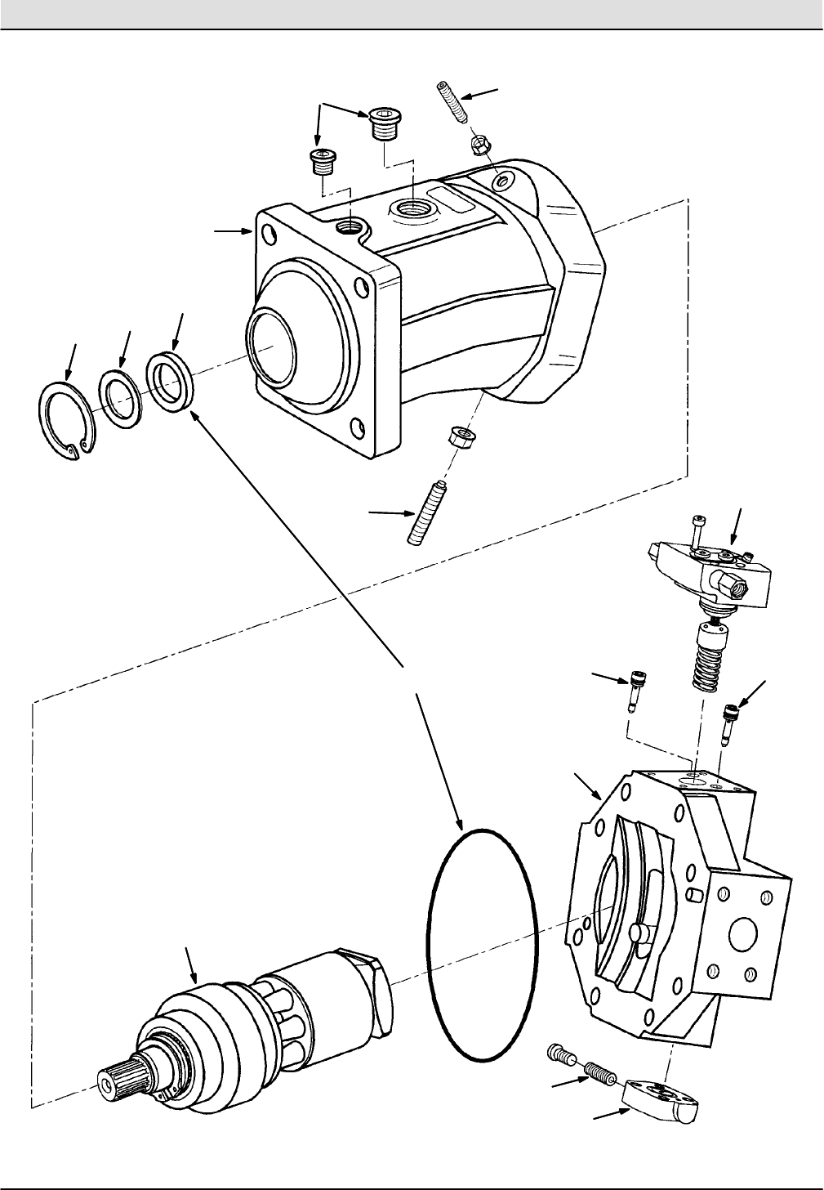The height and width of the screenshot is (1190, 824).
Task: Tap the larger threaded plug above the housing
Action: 381,125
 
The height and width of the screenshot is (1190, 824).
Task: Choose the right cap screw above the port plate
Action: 727,717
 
